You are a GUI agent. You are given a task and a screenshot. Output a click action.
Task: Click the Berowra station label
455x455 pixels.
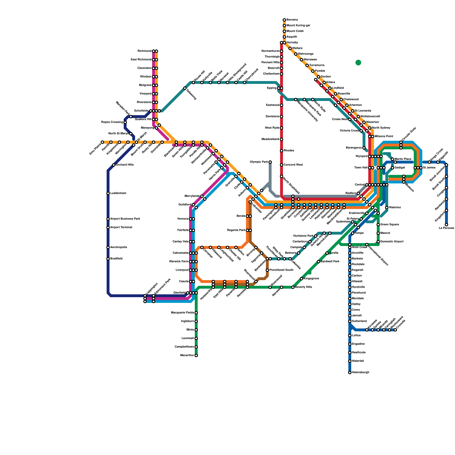point(292,20)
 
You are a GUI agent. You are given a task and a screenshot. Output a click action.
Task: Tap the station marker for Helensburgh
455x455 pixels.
point(350,373)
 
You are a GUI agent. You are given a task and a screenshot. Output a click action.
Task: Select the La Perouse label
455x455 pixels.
point(446,228)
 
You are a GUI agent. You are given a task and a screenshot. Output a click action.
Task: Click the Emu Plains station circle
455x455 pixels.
point(102,142)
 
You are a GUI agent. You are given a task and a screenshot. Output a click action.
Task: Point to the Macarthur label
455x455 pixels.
point(187,355)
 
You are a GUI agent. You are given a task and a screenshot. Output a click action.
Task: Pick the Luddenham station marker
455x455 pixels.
point(108,193)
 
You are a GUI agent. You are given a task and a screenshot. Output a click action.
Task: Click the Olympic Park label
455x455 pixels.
point(259,162)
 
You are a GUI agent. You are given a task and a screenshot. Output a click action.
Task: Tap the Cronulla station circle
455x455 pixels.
point(395,330)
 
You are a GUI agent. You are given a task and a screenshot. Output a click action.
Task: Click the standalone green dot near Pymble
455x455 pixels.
point(358,63)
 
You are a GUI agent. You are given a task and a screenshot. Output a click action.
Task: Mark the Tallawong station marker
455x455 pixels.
point(185,88)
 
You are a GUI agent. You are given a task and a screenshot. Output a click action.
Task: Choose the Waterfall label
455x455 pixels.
point(358,361)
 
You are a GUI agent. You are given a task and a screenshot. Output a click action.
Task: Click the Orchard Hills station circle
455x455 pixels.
point(114,165)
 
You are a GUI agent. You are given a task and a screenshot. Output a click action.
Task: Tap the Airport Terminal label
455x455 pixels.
point(121,227)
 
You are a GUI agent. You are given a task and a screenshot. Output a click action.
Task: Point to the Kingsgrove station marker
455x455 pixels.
point(301,279)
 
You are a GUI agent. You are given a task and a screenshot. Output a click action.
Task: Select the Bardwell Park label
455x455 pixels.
point(330,262)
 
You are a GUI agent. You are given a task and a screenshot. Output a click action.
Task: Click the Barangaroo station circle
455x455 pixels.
point(364,148)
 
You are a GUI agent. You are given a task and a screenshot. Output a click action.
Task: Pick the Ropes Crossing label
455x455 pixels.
point(112,122)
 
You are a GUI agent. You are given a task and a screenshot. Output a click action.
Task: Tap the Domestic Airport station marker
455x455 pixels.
point(378,242)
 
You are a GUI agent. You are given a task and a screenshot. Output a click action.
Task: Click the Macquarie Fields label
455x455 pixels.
point(182,313)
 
